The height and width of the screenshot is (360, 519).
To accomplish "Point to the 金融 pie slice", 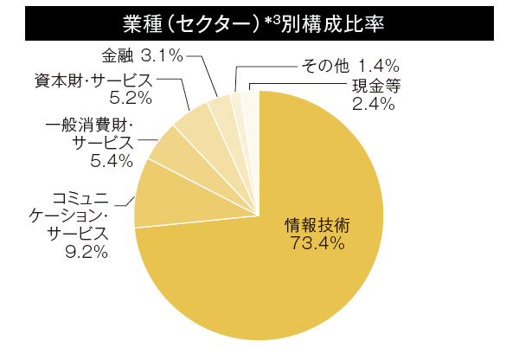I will [x=221, y=106].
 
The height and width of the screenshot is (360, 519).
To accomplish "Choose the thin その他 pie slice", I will [x=236, y=102].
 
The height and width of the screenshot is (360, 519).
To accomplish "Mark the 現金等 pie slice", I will [x=249, y=102].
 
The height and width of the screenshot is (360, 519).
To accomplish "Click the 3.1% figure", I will [x=162, y=56].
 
